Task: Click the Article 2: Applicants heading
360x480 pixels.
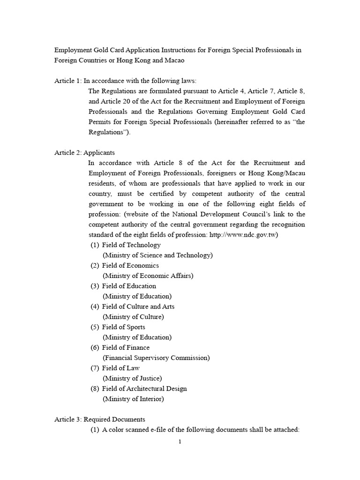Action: coord(84,153)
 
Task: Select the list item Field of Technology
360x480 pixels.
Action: coord(131,245)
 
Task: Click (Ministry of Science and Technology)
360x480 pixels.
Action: coord(157,255)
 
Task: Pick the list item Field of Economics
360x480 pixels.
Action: coord(130,265)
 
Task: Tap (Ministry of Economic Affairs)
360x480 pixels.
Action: coord(148,276)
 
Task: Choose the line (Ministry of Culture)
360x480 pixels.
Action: coord(133,317)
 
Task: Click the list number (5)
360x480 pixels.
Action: coord(95,327)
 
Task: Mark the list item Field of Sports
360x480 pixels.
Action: coord(124,327)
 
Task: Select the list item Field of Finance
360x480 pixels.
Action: coord(126,348)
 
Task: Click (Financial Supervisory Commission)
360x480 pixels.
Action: coord(156,358)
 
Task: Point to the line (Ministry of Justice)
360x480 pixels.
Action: coord(132,378)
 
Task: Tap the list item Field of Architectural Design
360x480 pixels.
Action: coord(144,389)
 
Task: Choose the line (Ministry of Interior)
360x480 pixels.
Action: coord(133,399)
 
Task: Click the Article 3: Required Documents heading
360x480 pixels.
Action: coord(100,419)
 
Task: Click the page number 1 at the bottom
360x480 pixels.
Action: coord(180,442)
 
